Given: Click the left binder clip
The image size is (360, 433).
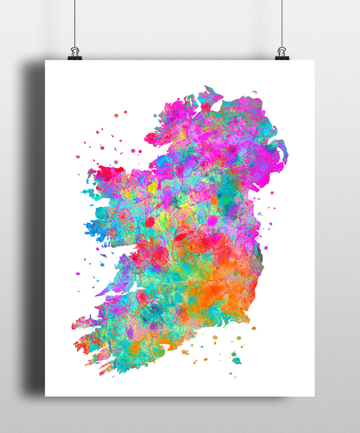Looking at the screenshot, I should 75,54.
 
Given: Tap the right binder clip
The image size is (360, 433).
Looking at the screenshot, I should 282,54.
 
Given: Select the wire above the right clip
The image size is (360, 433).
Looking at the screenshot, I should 282,22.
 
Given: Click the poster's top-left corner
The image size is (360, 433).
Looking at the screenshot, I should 45,61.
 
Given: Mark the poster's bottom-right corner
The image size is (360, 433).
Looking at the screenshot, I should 314,396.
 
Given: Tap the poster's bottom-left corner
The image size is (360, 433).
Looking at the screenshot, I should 45,396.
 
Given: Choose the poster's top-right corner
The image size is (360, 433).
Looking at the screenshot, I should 314,61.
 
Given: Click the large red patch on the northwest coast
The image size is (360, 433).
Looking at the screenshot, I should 108,173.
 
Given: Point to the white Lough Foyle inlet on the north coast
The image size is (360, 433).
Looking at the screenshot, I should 216,107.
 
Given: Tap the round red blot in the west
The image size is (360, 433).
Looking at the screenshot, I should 150,222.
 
